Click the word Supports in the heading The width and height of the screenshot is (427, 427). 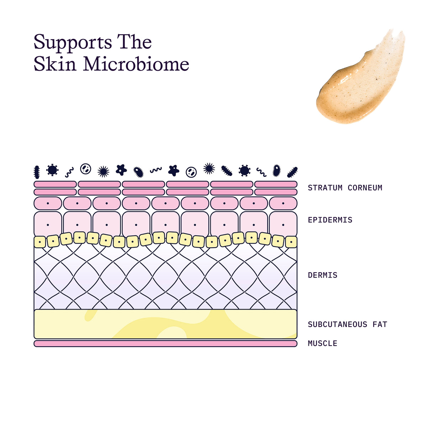[73, 43]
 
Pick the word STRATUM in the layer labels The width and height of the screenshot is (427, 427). [325, 188]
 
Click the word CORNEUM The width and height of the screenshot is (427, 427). [365, 188]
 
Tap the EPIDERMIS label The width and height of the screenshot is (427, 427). [330, 220]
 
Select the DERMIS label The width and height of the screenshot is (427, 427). [322, 275]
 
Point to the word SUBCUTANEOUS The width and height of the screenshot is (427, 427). [337, 325]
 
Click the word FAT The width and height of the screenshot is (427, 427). [380, 325]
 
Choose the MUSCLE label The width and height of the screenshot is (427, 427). [322, 343]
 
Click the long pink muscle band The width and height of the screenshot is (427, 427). [165, 343]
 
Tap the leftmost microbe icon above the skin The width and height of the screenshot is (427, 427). [37, 172]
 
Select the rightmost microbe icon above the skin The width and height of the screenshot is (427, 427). [292, 172]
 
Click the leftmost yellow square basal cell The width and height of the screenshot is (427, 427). [40, 242]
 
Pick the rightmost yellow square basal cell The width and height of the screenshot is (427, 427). [291, 242]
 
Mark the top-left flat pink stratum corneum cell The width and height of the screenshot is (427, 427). [55, 184]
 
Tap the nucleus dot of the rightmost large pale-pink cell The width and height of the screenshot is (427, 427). [283, 225]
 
